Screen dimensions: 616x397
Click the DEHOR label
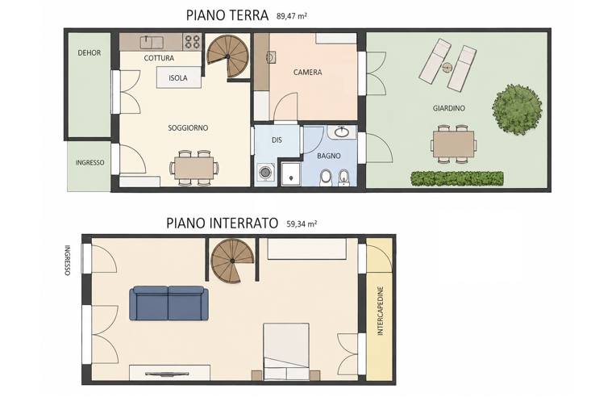(89, 52)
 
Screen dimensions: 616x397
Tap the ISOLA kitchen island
(179, 77)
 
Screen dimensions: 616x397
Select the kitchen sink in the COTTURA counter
(151, 41)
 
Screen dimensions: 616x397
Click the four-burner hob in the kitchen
(192, 42)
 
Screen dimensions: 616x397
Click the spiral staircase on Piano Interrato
(232, 261)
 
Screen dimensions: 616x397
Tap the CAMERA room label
(308, 73)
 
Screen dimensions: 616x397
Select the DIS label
(277, 140)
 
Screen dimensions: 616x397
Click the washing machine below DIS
(264, 172)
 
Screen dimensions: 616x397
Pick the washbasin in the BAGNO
(342, 132)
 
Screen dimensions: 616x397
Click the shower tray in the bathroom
(291, 173)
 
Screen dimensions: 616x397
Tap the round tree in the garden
(517, 110)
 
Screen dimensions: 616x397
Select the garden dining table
(453, 144)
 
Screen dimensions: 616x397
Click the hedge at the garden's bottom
(457, 178)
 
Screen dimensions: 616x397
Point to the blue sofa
(169, 303)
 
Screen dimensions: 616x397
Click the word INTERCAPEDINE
(380, 311)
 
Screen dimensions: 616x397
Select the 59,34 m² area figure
(302, 224)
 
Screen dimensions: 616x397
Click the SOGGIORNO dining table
(194, 168)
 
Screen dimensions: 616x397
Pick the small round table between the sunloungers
(447, 68)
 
